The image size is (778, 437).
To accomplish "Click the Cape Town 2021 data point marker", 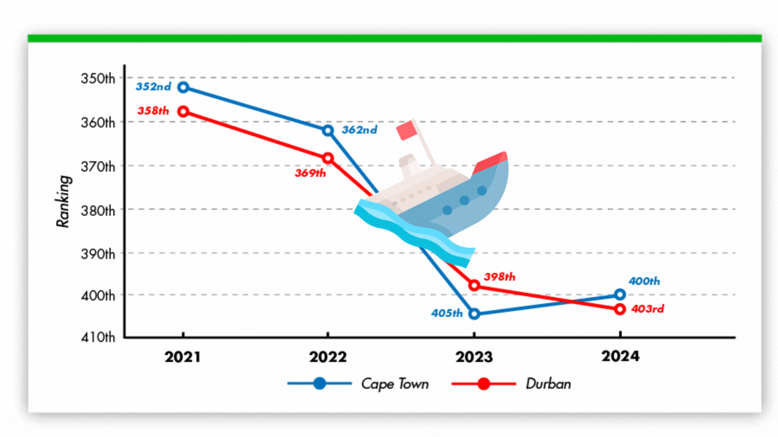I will [183, 87].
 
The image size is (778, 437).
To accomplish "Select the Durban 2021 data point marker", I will [183, 111].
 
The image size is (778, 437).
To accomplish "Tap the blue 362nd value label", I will [359, 130].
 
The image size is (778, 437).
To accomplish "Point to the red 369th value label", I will [310, 173].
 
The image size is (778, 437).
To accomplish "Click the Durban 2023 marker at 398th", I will [474, 286].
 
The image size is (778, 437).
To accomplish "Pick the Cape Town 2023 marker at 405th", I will [474, 314].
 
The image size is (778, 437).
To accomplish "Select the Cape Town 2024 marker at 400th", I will [620, 295].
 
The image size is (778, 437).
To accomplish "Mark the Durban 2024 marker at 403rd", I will [620, 309].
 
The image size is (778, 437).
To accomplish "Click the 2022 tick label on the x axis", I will [328, 357].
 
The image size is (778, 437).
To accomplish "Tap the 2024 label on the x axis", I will [620, 356].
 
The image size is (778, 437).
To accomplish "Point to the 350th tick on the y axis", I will [98, 78].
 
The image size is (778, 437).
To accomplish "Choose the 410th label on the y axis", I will [98, 337].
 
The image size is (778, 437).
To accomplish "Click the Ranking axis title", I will [63, 201].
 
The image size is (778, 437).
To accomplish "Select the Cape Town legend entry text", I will [395, 384].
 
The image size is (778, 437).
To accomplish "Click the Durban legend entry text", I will [548, 384].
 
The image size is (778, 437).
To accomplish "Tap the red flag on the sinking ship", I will [406, 130].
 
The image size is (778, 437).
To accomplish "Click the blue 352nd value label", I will [153, 87].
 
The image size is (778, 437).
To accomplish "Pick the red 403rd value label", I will [648, 309].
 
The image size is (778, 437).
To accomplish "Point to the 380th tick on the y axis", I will [98, 211].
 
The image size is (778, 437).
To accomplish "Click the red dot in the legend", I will [483, 384].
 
